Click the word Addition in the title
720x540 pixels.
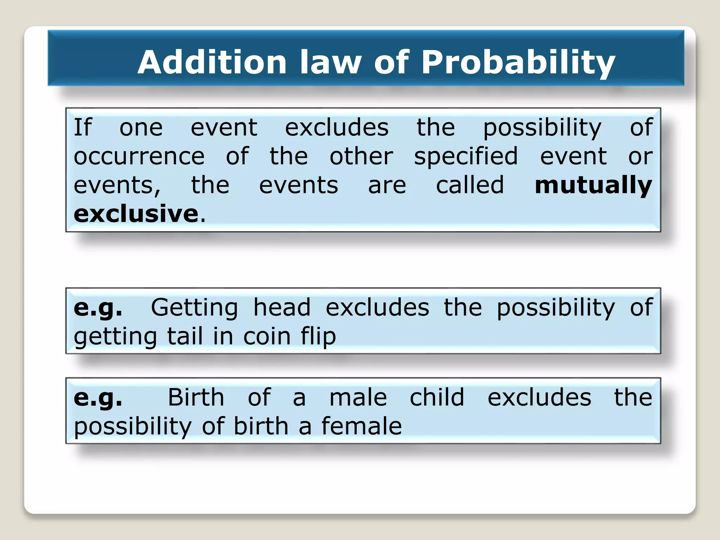click(x=212, y=62)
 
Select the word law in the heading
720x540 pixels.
click(x=330, y=62)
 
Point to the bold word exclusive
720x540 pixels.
click(x=136, y=214)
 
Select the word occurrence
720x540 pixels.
click(x=139, y=156)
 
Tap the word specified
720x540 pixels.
click(x=465, y=156)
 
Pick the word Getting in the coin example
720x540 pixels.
click(x=194, y=308)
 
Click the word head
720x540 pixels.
click(x=282, y=308)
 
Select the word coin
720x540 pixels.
click(x=267, y=336)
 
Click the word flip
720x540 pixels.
click(x=318, y=336)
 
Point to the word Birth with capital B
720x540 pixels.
click(x=196, y=398)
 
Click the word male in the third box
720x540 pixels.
click(x=358, y=398)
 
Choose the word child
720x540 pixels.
click(x=437, y=398)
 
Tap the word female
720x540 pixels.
click(x=361, y=426)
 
